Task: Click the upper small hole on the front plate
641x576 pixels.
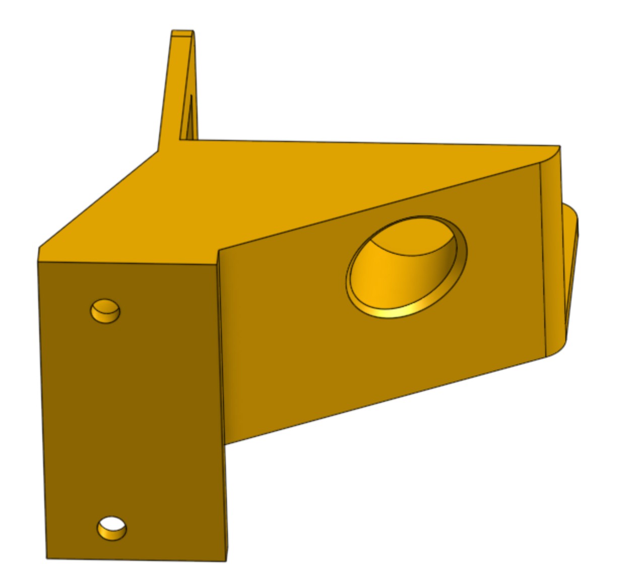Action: pos(105,311)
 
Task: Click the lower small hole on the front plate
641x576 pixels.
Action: pos(112,528)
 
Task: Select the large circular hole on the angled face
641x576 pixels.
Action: pos(406,266)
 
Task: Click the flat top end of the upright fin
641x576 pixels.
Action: pos(182,34)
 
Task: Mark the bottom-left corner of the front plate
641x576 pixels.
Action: pos(47,558)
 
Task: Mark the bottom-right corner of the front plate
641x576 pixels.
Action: pos(226,560)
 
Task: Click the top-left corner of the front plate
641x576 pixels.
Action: pos(38,262)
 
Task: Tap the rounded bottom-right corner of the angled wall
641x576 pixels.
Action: pos(554,352)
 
